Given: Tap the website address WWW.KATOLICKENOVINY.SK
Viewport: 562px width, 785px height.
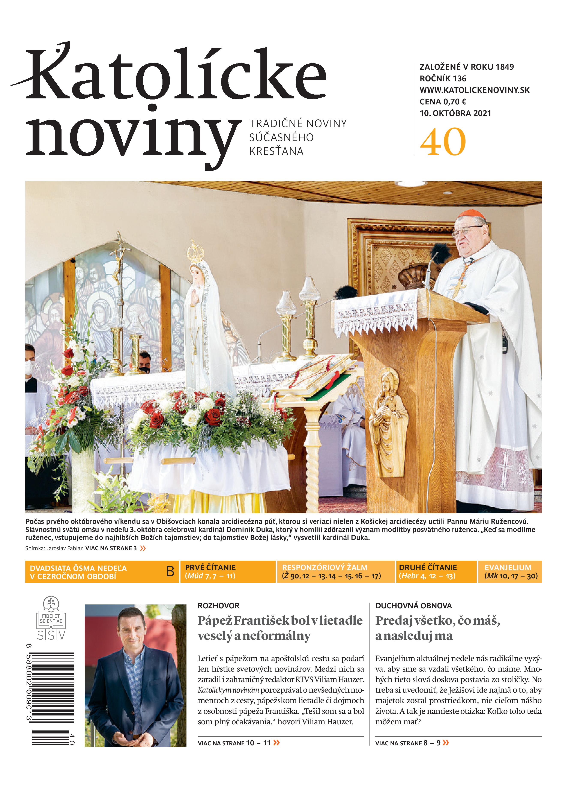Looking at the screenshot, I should click(x=475, y=90).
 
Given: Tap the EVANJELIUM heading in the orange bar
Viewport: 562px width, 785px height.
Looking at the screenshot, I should click(x=508, y=567).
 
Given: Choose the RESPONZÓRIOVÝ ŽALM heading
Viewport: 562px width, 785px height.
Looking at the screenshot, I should click(x=325, y=567).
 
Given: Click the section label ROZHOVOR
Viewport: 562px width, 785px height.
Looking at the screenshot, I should click(x=218, y=606).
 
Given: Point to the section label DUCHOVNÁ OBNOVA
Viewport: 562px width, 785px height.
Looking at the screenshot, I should click(x=413, y=606).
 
